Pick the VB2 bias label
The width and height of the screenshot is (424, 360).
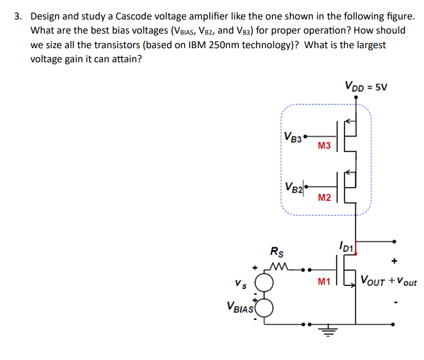(x=294, y=187)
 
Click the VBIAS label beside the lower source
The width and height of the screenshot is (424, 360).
(x=237, y=309)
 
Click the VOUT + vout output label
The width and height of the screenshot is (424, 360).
(x=388, y=282)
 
